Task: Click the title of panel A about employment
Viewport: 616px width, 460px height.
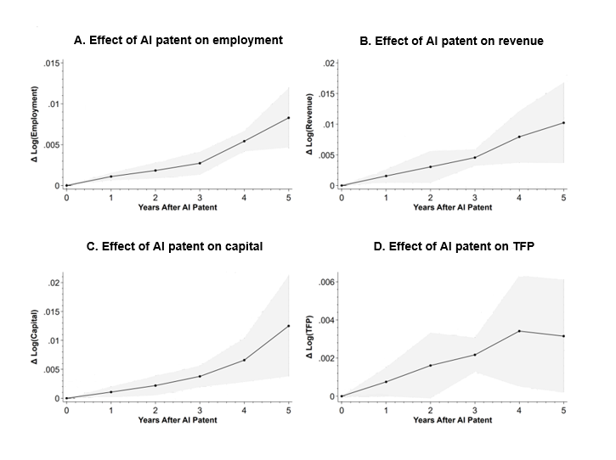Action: pyautogui.click(x=175, y=40)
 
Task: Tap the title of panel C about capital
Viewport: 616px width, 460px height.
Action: pyautogui.click(x=175, y=247)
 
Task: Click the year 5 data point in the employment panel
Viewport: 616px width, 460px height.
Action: pyautogui.click(x=289, y=118)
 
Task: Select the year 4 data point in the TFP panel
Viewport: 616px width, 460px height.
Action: pyautogui.click(x=519, y=331)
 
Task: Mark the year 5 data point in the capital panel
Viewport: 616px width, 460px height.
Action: pyautogui.click(x=289, y=326)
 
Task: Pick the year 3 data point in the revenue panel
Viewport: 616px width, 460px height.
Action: pyautogui.click(x=475, y=157)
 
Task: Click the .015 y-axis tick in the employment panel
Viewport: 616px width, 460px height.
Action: pyautogui.click(x=51, y=64)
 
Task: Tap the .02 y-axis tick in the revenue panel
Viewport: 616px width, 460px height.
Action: pyautogui.click(x=331, y=64)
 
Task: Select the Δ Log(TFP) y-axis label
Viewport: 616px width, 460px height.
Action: pyautogui.click(x=309, y=337)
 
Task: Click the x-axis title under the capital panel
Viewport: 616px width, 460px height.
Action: pyautogui.click(x=178, y=419)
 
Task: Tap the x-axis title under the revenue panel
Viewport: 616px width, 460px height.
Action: pyautogui.click(x=452, y=207)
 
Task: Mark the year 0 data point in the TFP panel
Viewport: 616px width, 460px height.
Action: pyautogui.click(x=342, y=396)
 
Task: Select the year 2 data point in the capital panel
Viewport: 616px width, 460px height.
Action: pyautogui.click(x=155, y=385)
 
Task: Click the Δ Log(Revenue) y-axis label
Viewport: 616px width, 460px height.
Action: pyautogui.click(x=309, y=124)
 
